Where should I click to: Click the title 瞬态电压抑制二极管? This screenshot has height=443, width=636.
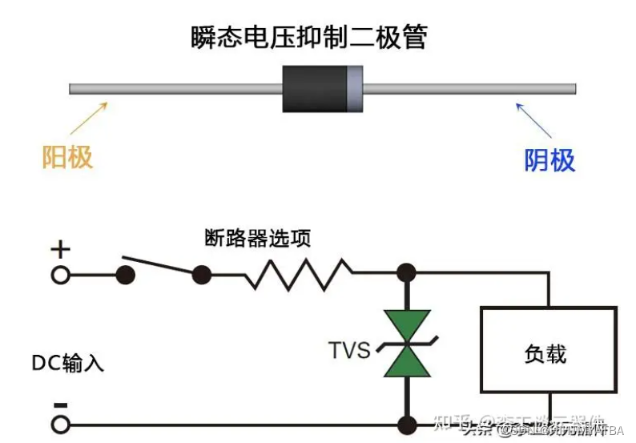click(x=308, y=38)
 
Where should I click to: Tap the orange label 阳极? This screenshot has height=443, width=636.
click(x=67, y=157)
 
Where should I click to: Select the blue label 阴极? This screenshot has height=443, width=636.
click(x=549, y=160)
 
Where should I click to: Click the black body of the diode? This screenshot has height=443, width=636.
click(x=314, y=89)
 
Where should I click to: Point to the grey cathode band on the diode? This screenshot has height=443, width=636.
click(x=354, y=89)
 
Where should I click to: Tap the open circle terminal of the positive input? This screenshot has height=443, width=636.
click(x=60, y=276)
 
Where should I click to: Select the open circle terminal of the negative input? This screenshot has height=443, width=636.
click(x=60, y=424)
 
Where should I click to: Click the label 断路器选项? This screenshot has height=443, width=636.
click(x=257, y=238)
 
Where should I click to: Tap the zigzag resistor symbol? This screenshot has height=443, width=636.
click(x=298, y=275)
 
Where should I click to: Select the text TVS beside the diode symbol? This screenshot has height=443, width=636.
click(x=349, y=350)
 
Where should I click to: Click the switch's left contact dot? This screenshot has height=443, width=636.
click(x=125, y=276)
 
